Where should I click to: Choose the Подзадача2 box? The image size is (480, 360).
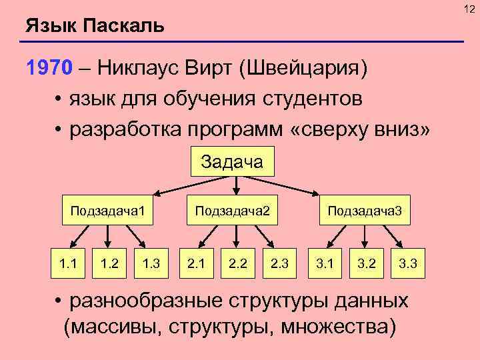pyautogui.click(x=231, y=211)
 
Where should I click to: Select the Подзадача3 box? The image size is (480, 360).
pyautogui.click(x=364, y=211)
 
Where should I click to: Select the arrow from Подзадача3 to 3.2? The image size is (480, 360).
pyautogui.click(x=363, y=236)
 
